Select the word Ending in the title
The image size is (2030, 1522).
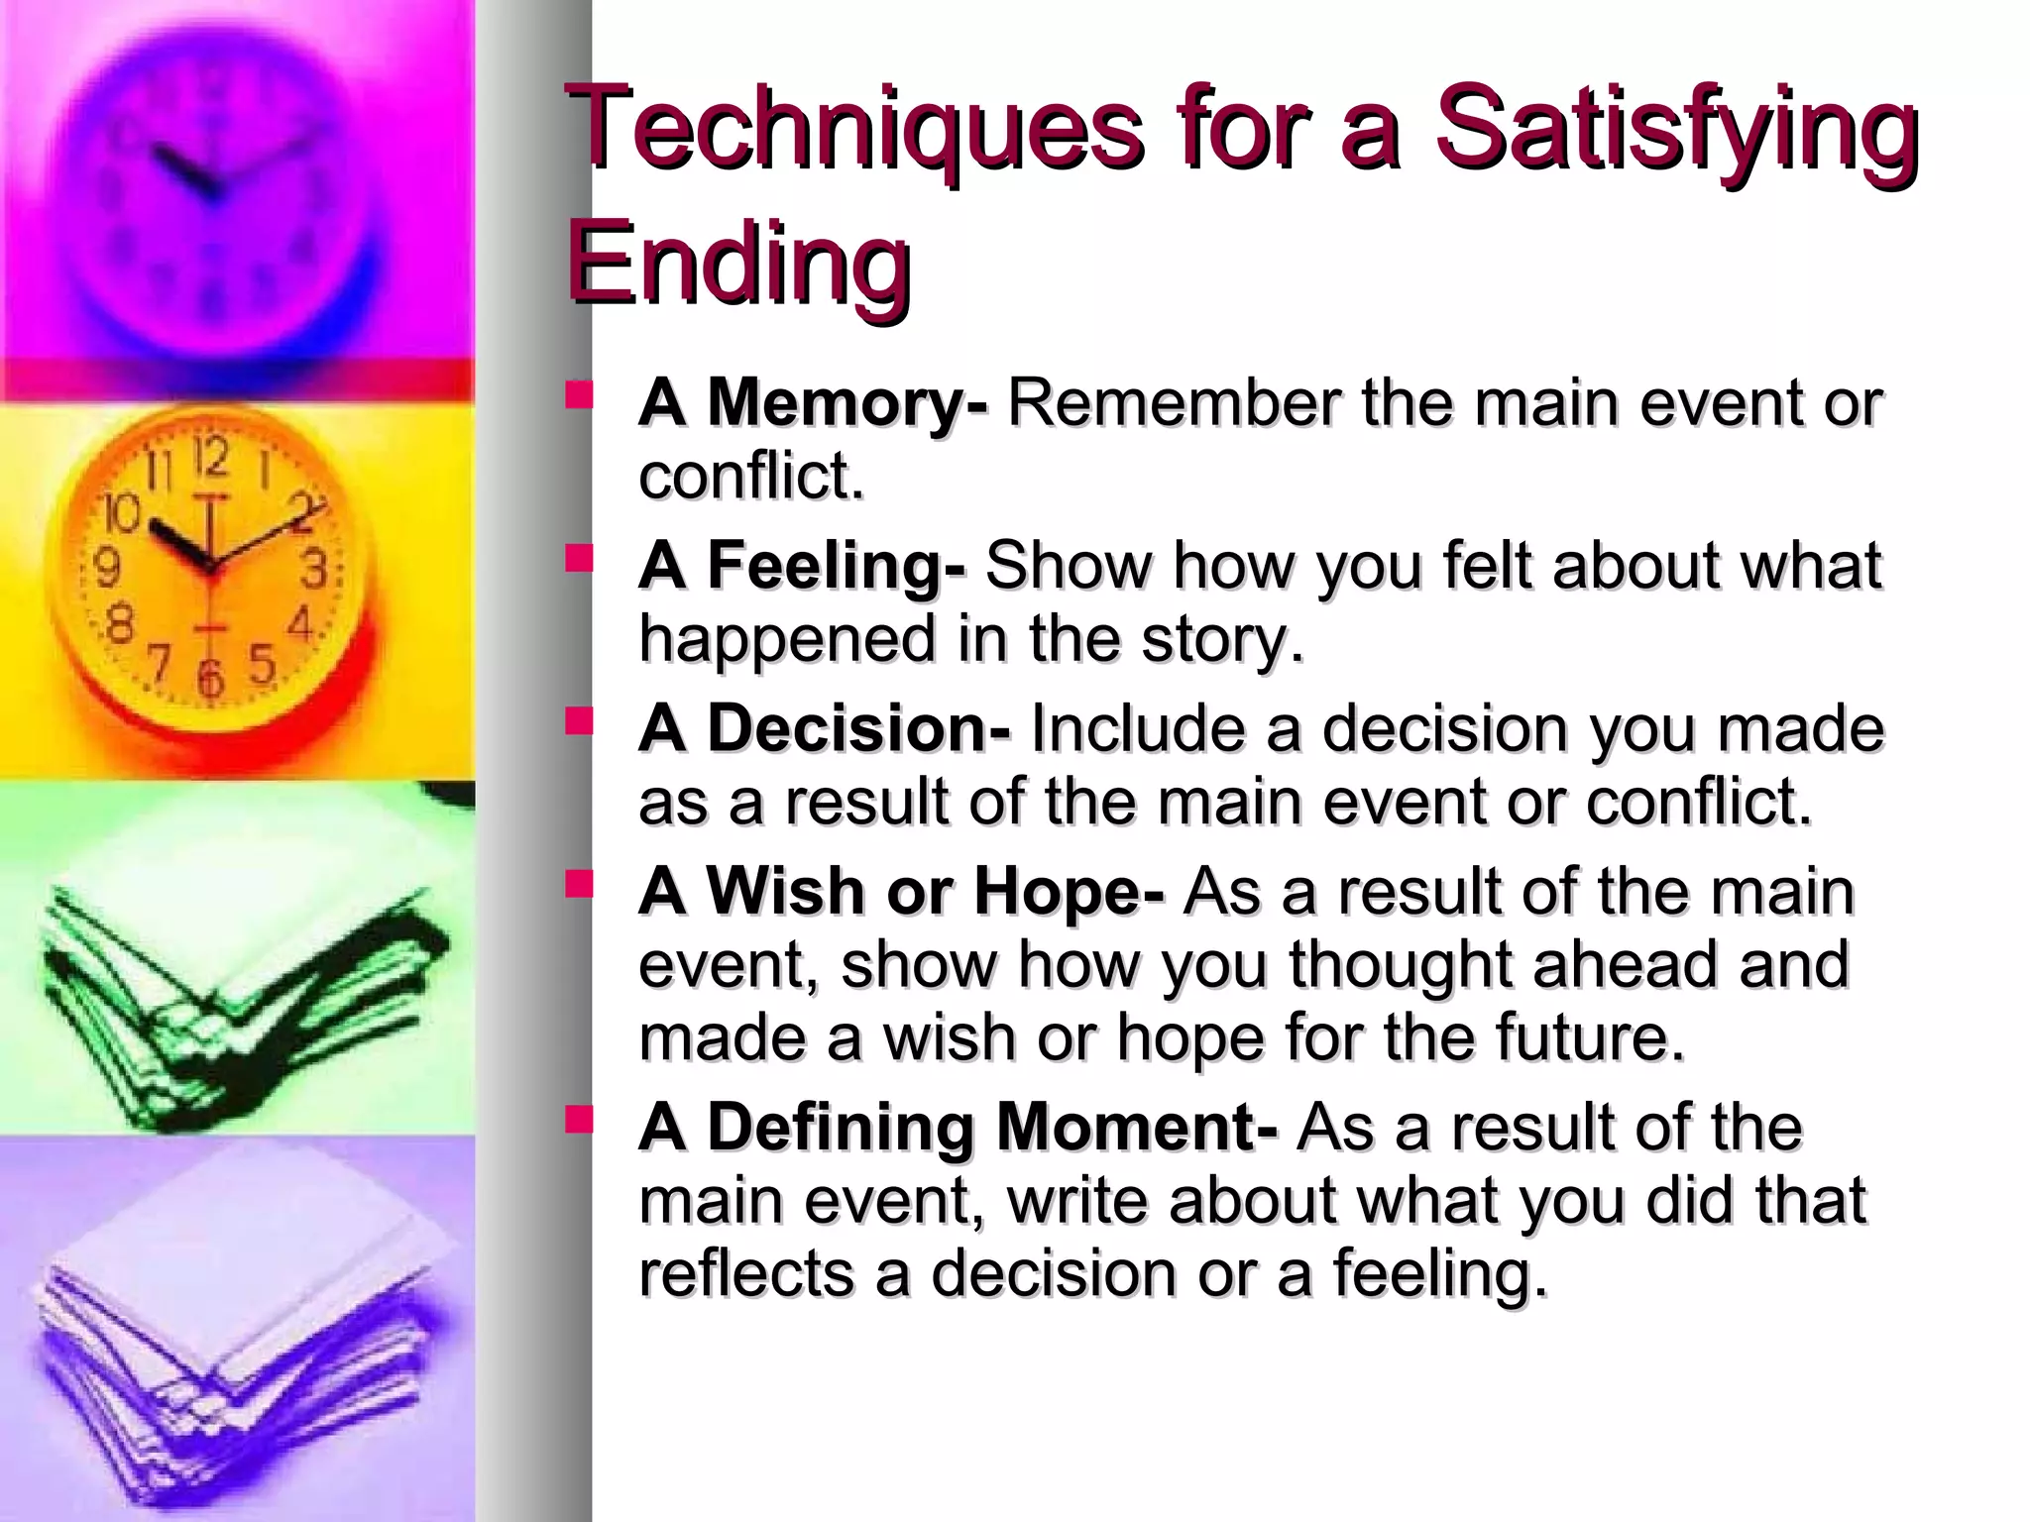[x=738, y=263]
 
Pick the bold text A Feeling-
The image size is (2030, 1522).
[x=801, y=565]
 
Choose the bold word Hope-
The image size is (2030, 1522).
[x=1069, y=891]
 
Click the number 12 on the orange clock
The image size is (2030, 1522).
[x=210, y=458]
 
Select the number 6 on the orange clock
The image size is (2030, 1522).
[x=209, y=678]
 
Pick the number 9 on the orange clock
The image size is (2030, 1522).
[x=106, y=568]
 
